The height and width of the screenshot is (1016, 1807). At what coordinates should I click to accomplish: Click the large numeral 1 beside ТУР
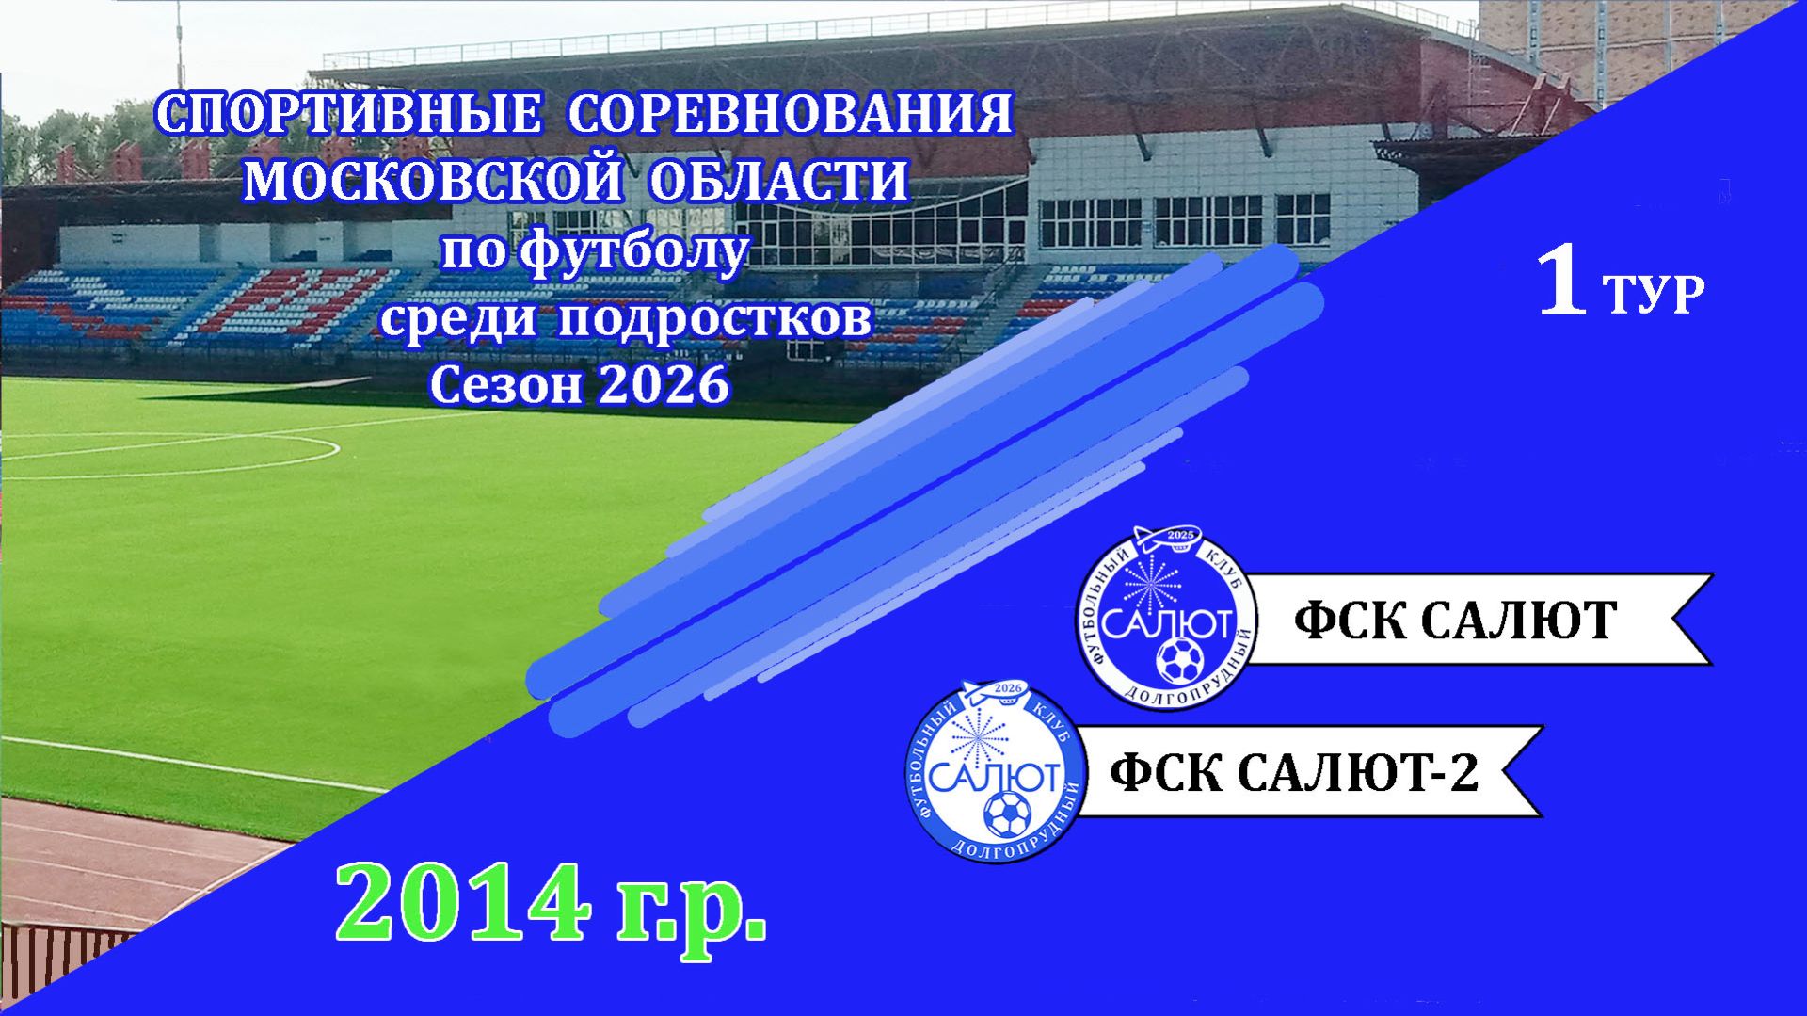1563,282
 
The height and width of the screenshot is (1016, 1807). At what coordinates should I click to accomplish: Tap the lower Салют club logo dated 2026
995,770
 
